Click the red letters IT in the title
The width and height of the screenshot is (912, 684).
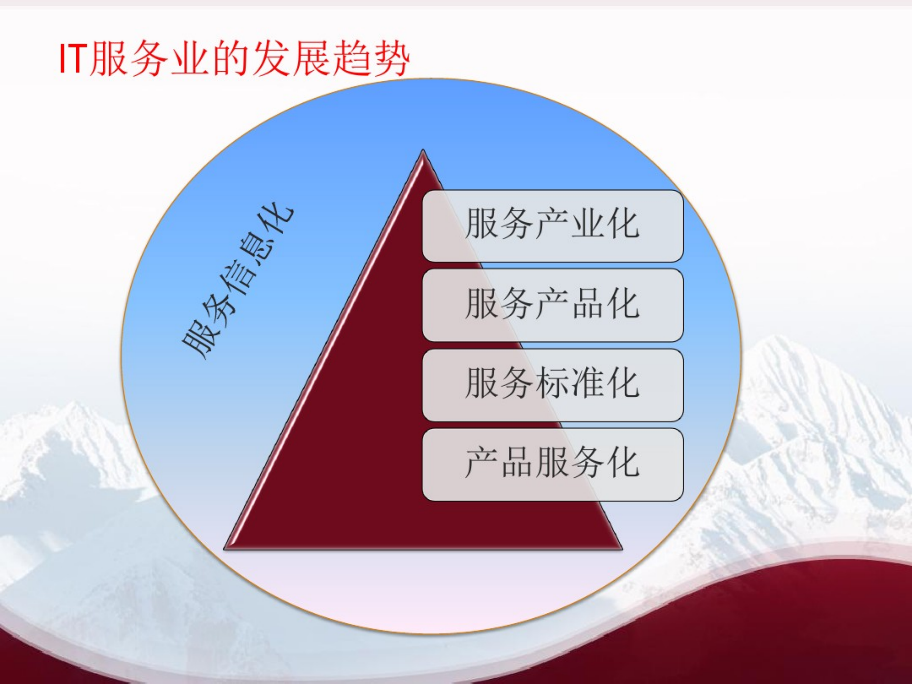click(x=73, y=59)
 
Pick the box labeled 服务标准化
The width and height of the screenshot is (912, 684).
click(x=552, y=384)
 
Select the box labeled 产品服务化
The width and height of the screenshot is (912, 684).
click(x=552, y=464)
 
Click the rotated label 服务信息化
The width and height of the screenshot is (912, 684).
click(x=238, y=282)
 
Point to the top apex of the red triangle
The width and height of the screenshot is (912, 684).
click(x=423, y=151)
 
